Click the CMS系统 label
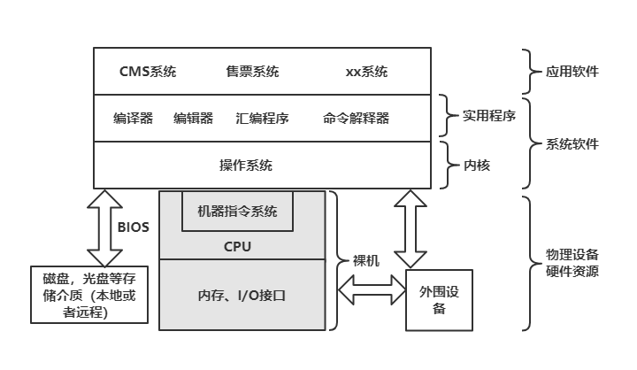[147, 72]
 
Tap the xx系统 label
[365, 72]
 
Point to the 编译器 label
[133, 118]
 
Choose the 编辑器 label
[193, 118]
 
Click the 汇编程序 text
[263, 118]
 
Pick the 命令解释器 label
[356, 118]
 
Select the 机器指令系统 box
[237, 212]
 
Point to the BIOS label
[134, 227]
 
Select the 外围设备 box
[432, 300]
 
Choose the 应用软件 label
[573, 71]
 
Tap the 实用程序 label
[489, 115]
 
